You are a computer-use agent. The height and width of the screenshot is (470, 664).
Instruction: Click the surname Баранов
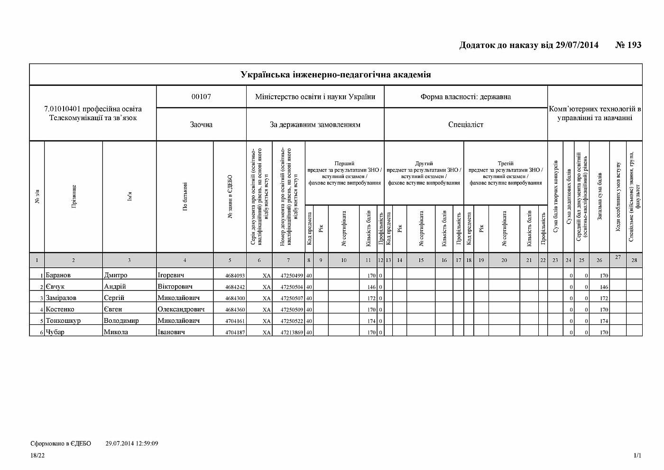click(x=58, y=275)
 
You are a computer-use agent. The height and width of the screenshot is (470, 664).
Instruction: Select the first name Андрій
click(x=115, y=286)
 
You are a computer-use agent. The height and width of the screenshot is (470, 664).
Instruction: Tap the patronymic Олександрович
click(x=181, y=309)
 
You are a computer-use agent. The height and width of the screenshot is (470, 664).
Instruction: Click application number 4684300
click(x=235, y=298)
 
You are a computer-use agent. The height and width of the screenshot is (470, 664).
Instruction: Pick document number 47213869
click(x=292, y=332)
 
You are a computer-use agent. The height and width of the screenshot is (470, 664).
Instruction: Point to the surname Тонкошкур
click(x=63, y=320)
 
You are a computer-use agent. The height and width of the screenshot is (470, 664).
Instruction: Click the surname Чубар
click(x=55, y=332)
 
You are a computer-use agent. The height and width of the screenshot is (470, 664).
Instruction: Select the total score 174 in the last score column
click(x=603, y=321)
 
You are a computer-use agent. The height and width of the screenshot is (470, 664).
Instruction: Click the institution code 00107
click(x=201, y=97)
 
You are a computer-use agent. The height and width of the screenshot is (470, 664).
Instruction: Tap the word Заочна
click(x=201, y=124)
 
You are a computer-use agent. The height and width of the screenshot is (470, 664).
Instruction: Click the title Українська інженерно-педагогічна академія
click(x=336, y=75)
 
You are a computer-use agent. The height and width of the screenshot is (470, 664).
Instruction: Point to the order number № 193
click(x=628, y=45)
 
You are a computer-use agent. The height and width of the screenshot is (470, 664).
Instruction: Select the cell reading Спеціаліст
click(x=466, y=124)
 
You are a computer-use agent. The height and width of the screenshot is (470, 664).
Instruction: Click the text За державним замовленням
click(x=315, y=124)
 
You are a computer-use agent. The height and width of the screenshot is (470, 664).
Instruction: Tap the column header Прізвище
click(x=74, y=197)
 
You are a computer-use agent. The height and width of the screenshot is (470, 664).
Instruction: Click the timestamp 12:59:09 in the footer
click(x=146, y=443)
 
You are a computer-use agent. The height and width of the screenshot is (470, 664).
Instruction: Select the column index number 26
click(x=599, y=260)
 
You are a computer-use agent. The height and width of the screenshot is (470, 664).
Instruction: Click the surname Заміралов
click(x=61, y=298)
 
